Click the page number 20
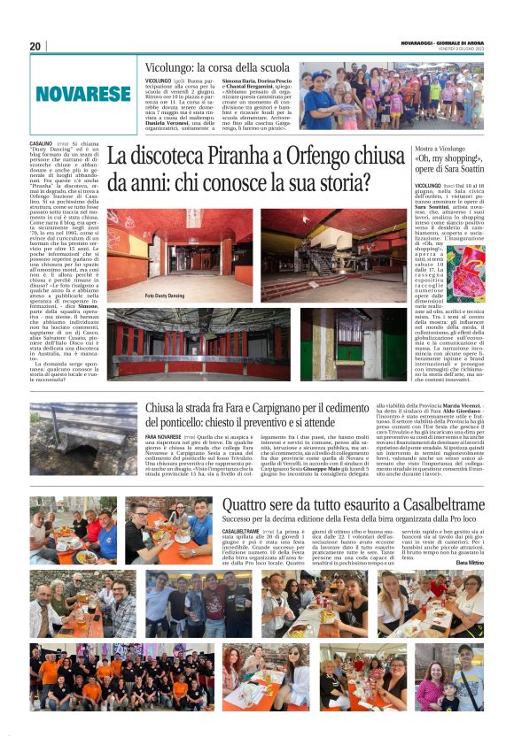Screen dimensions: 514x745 coord(35,46)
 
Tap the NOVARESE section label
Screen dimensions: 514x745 coord(83,92)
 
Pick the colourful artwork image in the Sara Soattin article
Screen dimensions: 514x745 coord(465,273)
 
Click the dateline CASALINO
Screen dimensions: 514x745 coord(41,143)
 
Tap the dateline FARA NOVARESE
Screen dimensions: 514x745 coord(166,437)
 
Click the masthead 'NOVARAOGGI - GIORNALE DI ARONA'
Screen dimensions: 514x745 coord(440,43)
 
